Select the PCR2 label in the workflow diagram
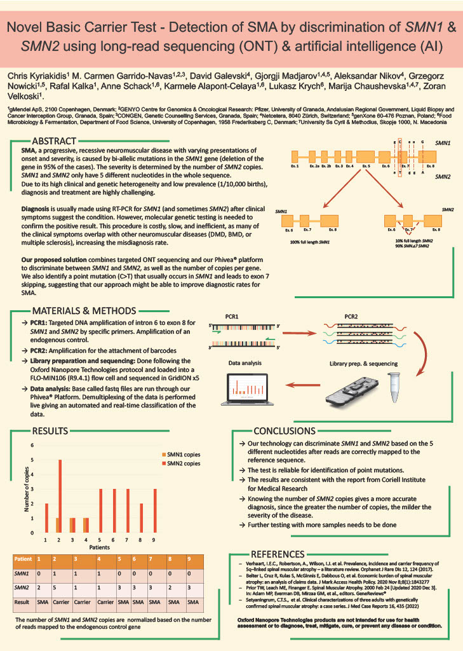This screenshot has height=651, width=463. click(x=354, y=316)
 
